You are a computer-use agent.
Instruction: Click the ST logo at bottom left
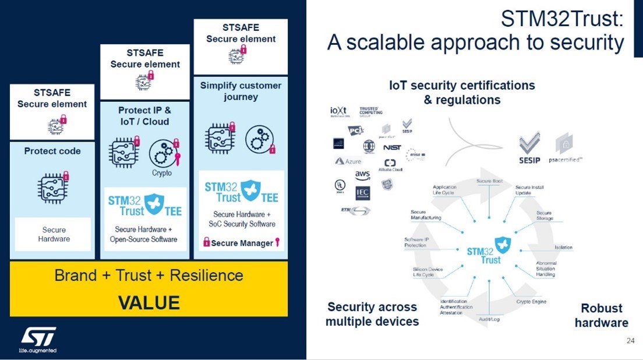[x=38, y=337]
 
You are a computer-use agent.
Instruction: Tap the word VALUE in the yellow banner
[x=149, y=303]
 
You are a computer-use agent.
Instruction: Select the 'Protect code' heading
[x=52, y=151]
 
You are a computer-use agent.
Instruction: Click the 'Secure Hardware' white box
[x=54, y=234]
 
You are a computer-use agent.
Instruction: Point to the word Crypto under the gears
[x=162, y=173]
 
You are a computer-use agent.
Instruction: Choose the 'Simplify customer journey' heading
[x=241, y=91]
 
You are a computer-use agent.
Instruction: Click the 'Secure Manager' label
[x=242, y=243]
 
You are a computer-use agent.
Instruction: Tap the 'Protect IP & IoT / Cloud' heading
[x=144, y=115]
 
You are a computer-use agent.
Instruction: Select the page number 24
[x=630, y=341]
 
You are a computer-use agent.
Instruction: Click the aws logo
[x=362, y=175]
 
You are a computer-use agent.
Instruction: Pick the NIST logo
[x=392, y=147]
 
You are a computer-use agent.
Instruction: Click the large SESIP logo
[x=529, y=149]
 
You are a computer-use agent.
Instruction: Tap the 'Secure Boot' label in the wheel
[x=489, y=181]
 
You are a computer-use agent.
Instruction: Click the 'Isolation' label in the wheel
[x=563, y=248]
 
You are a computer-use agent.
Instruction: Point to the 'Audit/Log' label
[x=489, y=319]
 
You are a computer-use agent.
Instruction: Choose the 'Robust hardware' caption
[x=601, y=315]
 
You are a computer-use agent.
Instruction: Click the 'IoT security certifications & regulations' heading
[x=462, y=92]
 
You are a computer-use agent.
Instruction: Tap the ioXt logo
[x=339, y=111]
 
